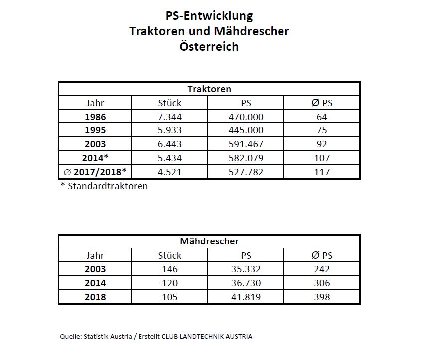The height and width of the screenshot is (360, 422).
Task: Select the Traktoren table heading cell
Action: (209, 89)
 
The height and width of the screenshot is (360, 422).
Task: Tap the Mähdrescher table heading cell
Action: (209, 241)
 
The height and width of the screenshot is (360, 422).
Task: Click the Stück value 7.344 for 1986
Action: (169, 117)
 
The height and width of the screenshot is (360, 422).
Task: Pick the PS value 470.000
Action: (245, 117)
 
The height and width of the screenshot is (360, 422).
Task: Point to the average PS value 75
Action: (322, 130)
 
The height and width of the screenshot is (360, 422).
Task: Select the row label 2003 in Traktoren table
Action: (95, 144)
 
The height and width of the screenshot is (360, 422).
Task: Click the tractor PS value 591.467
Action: (245, 144)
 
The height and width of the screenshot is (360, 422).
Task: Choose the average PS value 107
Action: (322, 158)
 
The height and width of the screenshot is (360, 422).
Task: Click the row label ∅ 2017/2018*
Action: (95, 172)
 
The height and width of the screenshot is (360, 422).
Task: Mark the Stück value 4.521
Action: (169, 172)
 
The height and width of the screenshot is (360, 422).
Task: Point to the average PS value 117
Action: (322, 172)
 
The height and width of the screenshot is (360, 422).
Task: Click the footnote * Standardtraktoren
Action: (104, 186)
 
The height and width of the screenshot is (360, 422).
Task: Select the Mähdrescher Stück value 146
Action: (169, 269)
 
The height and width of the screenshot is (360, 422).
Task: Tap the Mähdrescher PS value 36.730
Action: (245, 283)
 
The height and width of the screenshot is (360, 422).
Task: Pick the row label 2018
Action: (95, 297)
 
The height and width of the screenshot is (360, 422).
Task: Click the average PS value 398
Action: (322, 297)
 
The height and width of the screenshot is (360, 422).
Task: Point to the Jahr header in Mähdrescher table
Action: (95, 255)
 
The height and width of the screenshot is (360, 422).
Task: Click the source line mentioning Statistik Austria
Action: (156, 336)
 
